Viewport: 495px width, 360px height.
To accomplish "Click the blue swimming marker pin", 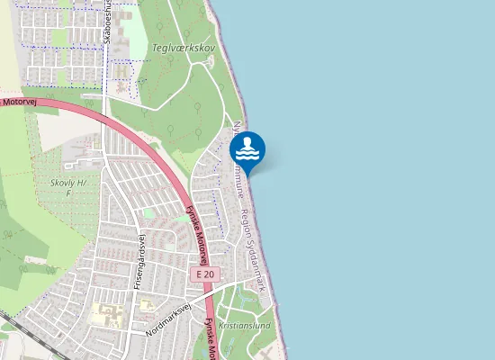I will (x=247, y=148).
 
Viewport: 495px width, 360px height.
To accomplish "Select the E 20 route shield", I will (x=205, y=274).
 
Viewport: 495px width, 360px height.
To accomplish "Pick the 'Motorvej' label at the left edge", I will (x=18, y=103).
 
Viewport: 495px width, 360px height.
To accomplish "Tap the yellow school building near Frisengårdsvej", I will (x=104, y=315).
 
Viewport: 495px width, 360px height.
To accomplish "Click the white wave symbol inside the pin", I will (x=247, y=153).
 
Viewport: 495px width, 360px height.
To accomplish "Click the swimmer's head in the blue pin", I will (x=247, y=140).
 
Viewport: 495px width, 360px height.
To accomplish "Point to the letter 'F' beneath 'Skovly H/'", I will (x=68, y=193).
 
